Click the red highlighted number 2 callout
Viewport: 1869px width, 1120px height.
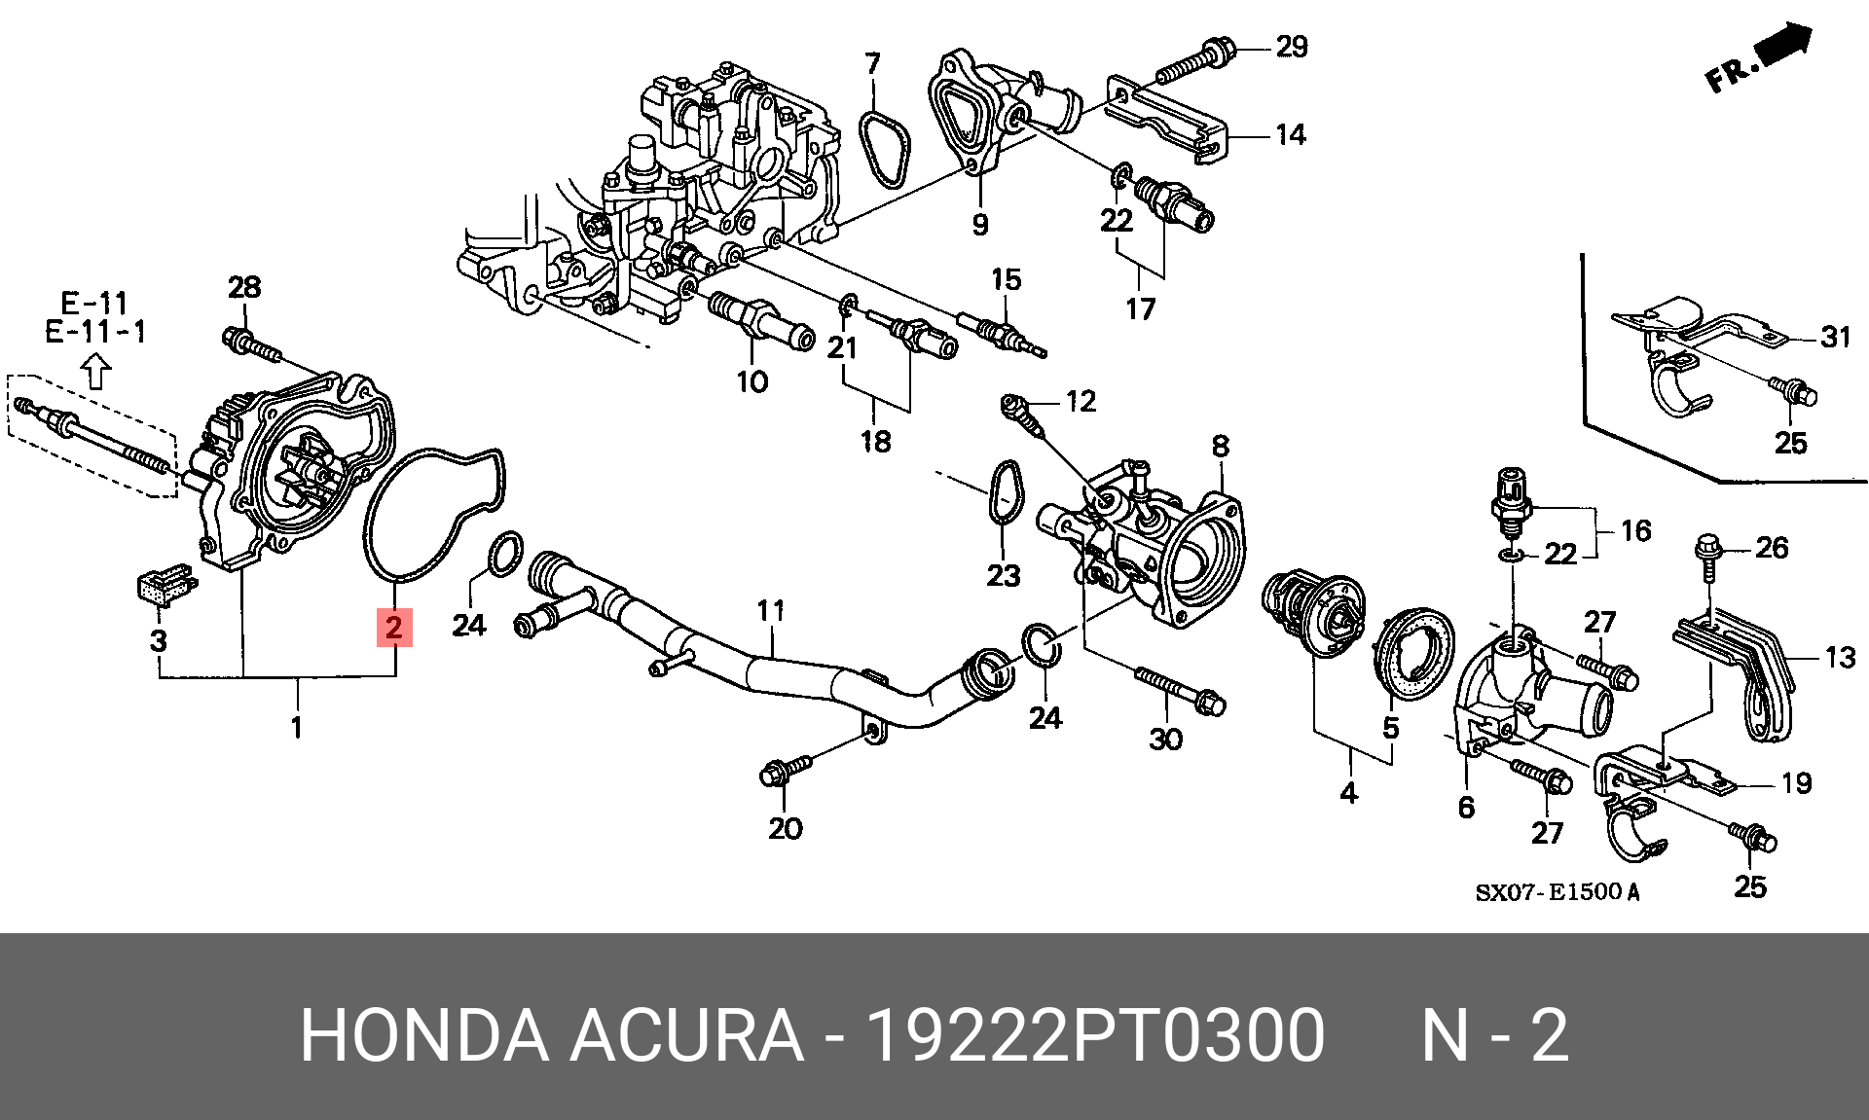[394, 627]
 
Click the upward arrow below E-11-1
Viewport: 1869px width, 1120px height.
[95, 371]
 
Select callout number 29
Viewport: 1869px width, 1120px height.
[1292, 46]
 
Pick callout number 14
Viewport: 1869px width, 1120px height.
[1291, 134]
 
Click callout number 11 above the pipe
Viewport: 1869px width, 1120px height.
[771, 610]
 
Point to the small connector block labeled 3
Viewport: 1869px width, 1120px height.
[161, 586]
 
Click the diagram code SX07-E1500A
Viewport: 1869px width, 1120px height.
[1557, 891]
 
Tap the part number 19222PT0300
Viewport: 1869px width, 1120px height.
[1094, 1034]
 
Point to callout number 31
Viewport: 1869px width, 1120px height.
[1835, 337]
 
